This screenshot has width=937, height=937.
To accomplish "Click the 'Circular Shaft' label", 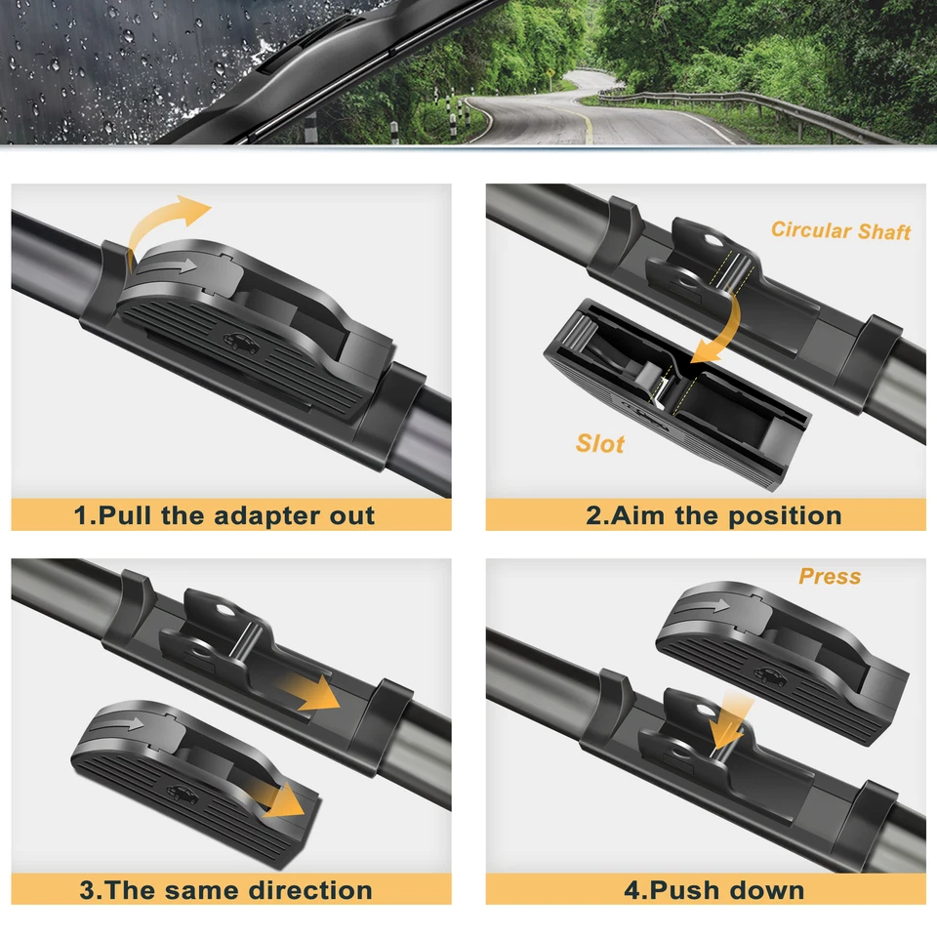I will coord(840,230).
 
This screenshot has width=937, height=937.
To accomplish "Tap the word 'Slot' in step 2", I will coord(599,443).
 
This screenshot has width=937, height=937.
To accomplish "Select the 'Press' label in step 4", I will coord(830,576).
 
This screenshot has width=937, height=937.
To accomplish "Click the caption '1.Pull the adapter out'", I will coord(224,515).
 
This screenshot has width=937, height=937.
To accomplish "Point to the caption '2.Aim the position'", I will coord(713,515).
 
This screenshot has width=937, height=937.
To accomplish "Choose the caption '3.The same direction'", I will coord(225,890).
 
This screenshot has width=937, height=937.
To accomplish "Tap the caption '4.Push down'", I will coord(713,890).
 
